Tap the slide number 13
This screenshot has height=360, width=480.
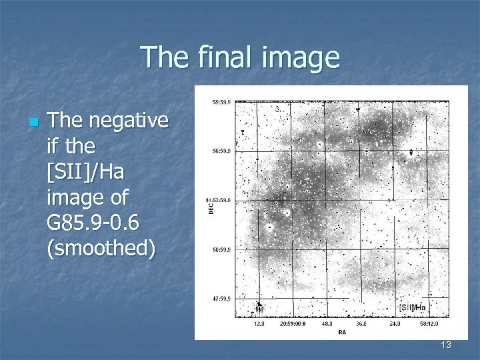pyautogui.click(x=446, y=345)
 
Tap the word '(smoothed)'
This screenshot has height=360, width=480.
pyautogui.click(x=101, y=248)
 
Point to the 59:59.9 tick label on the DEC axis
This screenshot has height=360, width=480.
pyautogui.click(x=221, y=103)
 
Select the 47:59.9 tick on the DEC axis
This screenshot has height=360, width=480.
pyautogui.click(x=221, y=299)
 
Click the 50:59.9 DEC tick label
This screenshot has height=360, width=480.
pyautogui.click(x=221, y=250)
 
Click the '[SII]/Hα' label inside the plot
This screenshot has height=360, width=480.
pyautogui.click(x=413, y=307)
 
